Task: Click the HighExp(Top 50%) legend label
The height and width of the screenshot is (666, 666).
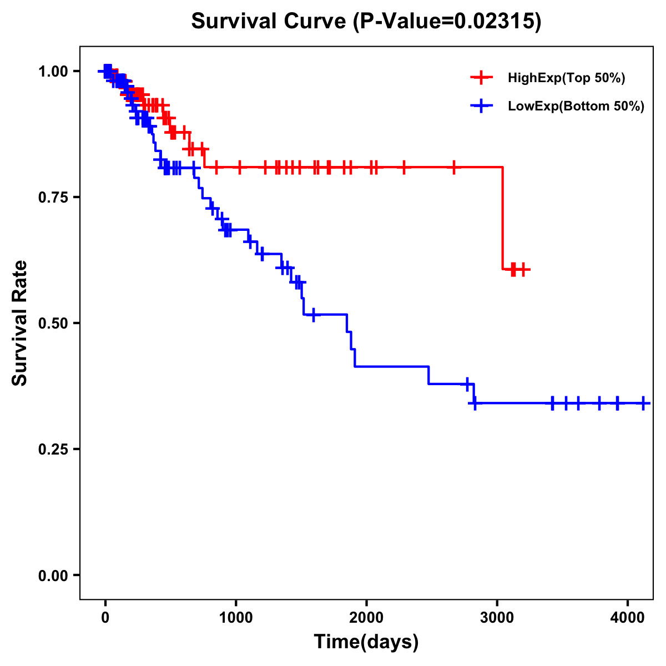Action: [x=566, y=78]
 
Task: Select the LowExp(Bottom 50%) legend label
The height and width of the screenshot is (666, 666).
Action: [x=576, y=107]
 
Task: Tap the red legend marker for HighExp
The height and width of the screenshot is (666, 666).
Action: [x=481, y=78]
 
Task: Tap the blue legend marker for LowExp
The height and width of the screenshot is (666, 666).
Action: [x=481, y=106]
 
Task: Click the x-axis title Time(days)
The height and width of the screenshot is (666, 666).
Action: [x=366, y=642]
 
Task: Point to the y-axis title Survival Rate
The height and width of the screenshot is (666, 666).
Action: [x=20, y=323]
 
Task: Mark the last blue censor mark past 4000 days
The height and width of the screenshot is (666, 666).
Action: [x=643, y=403]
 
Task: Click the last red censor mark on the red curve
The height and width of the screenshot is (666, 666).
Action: [x=522, y=269]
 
